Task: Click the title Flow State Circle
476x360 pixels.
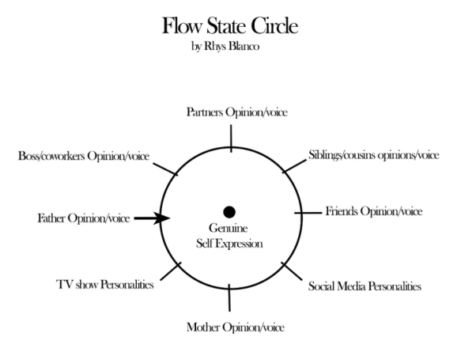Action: point(230,26)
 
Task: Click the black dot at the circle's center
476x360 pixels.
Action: point(229,211)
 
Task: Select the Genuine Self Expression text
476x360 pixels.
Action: point(229,237)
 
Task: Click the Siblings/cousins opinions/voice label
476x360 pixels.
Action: point(372,154)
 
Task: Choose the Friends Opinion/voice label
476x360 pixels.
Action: point(374,211)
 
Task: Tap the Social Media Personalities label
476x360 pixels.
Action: point(365,285)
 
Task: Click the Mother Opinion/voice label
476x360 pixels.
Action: point(235,327)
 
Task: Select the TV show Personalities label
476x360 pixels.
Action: point(105,284)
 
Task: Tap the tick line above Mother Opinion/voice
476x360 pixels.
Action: point(229,297)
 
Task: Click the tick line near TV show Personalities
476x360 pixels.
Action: point(168,271)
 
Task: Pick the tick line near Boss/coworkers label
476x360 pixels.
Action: point(167,169)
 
